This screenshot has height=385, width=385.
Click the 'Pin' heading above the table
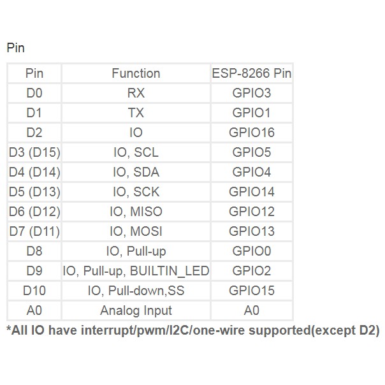pyautogui.click(x=15, y=48)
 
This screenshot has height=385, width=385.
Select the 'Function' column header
pyautogui.click(x=136, y=73)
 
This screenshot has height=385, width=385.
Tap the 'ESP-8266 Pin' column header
pyautogui.click(x=251, y=73)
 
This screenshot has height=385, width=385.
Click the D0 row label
pyautogui.click(x=34, y=93)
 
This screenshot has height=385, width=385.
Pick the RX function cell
pyautogui.click(x=136, y=93)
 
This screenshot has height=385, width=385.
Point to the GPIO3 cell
pyautogui.click(x=251, y=93)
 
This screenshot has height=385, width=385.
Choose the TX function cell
pyautogui.click(x=136, y=113)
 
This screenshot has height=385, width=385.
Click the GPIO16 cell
pyautogui.click(x=251, y=133)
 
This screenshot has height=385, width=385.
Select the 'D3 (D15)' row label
pyautogui.click(x=34, y=152)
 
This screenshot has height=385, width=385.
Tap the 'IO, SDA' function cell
pyautogui.click(x=136, y=172)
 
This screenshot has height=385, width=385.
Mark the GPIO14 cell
pyautogui.click(x=251, y=192)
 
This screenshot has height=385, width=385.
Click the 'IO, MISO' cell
pyautogui.click(x=136, y=212)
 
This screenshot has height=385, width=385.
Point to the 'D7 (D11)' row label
pyautogui.click(x=34, y=231)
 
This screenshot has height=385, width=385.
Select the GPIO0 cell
pyautogui.click(x=251, y=251)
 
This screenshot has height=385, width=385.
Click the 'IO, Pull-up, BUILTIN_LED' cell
pyautogui.click(x=136, y=271)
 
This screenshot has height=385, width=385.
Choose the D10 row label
pyautogui.click(x=34, y=291)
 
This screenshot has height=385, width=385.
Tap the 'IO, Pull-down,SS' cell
pyautogui.click(x=136, y=291)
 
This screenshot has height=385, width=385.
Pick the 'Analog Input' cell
pyautogui.click(x=136, y=310)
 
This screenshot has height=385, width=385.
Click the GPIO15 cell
pyautogui.click(x=251, y=291)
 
